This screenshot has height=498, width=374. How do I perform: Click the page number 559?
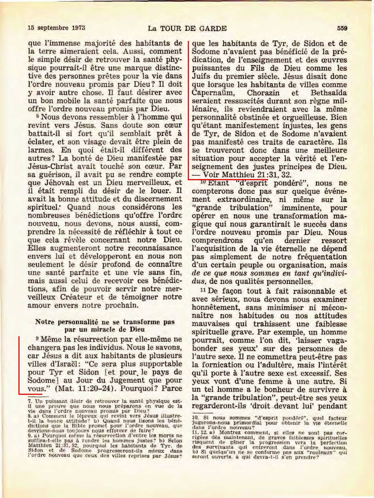342,28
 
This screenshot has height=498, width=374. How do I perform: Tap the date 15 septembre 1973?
57,28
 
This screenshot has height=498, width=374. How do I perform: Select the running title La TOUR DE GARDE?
187,28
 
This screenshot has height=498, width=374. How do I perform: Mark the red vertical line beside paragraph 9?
19,365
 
